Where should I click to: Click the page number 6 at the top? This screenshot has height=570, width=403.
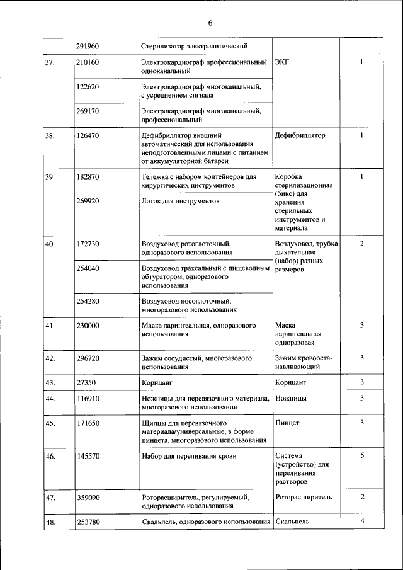coord(210,23)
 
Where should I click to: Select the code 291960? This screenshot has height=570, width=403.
coord(88,46)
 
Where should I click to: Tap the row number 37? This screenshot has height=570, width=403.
coord(50,62)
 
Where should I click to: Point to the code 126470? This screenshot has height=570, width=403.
coord(88,135)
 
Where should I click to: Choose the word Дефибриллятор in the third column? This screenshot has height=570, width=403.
coord(300,135)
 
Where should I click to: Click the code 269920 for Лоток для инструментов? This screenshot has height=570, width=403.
coord(88,201)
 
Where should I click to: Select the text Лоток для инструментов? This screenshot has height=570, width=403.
coord(180,201)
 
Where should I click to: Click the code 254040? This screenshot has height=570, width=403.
coord(88,269)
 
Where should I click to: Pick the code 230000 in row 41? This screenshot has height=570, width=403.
coord(88,326)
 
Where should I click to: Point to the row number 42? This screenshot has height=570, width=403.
coord(50,358)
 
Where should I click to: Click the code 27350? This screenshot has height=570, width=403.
coord(85,382)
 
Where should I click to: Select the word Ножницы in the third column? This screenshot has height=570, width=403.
coord(291,399)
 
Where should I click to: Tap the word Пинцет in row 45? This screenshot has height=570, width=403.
coord(287,423)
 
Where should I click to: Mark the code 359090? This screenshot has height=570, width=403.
coord(88,497)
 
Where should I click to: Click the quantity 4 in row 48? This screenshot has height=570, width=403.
coord(361,522)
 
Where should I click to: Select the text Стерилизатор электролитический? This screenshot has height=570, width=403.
coord(194,46)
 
